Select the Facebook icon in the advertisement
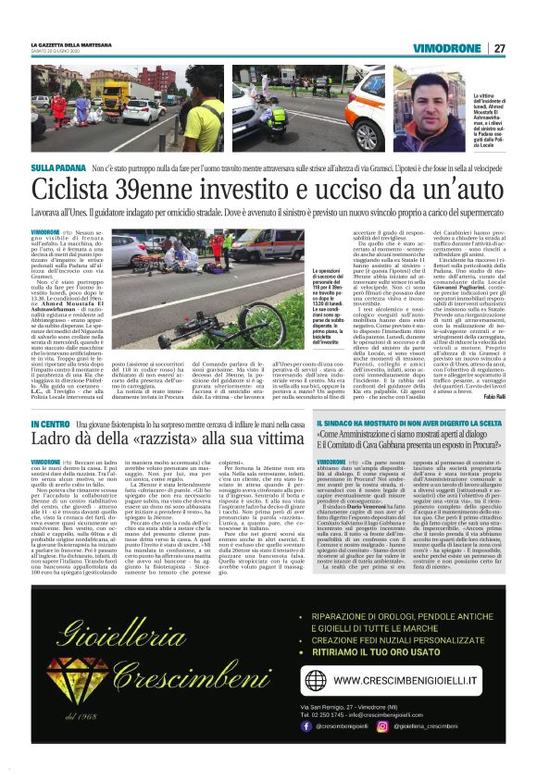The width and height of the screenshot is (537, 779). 306,726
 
